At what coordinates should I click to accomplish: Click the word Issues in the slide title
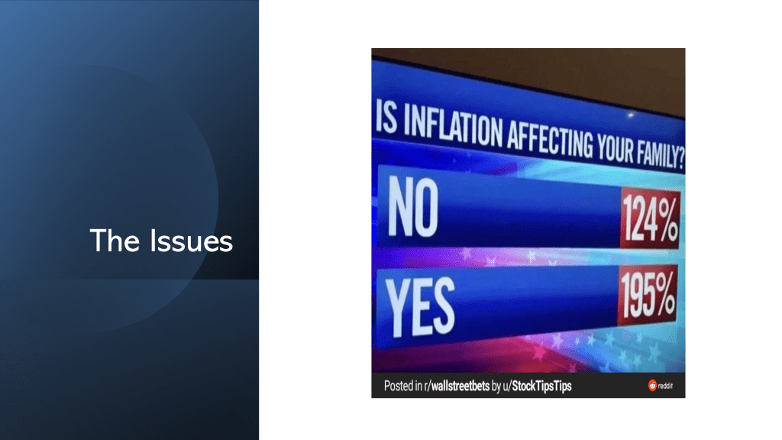[x=192, y=241]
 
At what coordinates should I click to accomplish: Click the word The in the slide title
[x=115, y=241]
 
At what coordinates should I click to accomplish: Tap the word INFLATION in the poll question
[x=453, y=127]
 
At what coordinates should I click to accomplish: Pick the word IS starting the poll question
[x=386, y=116]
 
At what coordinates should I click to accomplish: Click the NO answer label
[x=413, y=206]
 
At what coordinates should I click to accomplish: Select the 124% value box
[x=651, y=218]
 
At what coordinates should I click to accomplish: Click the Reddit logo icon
[x=652, y=385]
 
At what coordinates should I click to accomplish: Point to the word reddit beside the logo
[x=665, y=386]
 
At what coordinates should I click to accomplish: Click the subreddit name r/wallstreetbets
[x=457, y=386]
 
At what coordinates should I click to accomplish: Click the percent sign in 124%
[x=666, y=218]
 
